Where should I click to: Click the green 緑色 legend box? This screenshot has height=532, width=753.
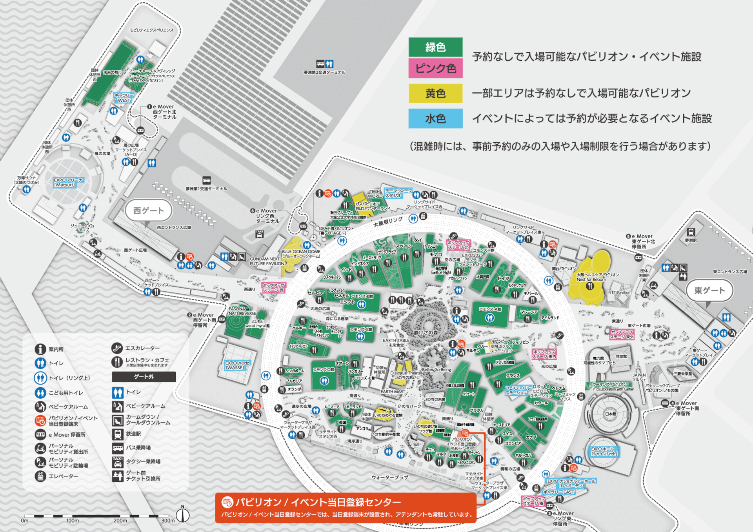(x=435, y=47)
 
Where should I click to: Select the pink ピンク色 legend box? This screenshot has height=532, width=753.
(x=435, y=68)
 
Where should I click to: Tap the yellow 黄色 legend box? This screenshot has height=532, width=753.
(x=435, y=93)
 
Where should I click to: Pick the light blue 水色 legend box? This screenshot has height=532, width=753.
(x=435, y=118)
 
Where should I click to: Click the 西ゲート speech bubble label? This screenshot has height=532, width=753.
(x=149, y=211)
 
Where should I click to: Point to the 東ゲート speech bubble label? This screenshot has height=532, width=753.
(x=709, y=291)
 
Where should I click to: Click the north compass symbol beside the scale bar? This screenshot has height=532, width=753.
(x=183, y=515)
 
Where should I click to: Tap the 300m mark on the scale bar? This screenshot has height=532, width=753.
(x=168, y=520)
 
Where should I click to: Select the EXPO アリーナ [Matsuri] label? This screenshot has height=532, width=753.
(x=69, y=182)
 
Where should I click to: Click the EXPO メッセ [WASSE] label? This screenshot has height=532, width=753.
(x=237, y=365)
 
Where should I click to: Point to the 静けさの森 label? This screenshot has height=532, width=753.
(x=426, y=332)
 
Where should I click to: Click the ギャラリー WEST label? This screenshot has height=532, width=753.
(x=124, y=98)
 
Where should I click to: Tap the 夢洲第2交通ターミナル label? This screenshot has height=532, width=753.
(x=324, y=73)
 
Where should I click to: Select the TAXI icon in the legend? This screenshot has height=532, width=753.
(x=118, y=462)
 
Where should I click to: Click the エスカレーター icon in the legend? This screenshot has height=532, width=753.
(x=117, y=348)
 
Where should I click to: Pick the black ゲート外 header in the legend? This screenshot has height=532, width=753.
(x=144, y=377)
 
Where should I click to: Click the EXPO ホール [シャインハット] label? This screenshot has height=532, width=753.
(x=604, y=451)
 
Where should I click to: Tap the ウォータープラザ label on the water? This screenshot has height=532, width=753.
(x=390, y=478)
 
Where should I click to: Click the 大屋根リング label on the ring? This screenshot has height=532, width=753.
(x=387, y=222)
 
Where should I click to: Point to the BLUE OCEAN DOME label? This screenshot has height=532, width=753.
(x=301, y=254)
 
